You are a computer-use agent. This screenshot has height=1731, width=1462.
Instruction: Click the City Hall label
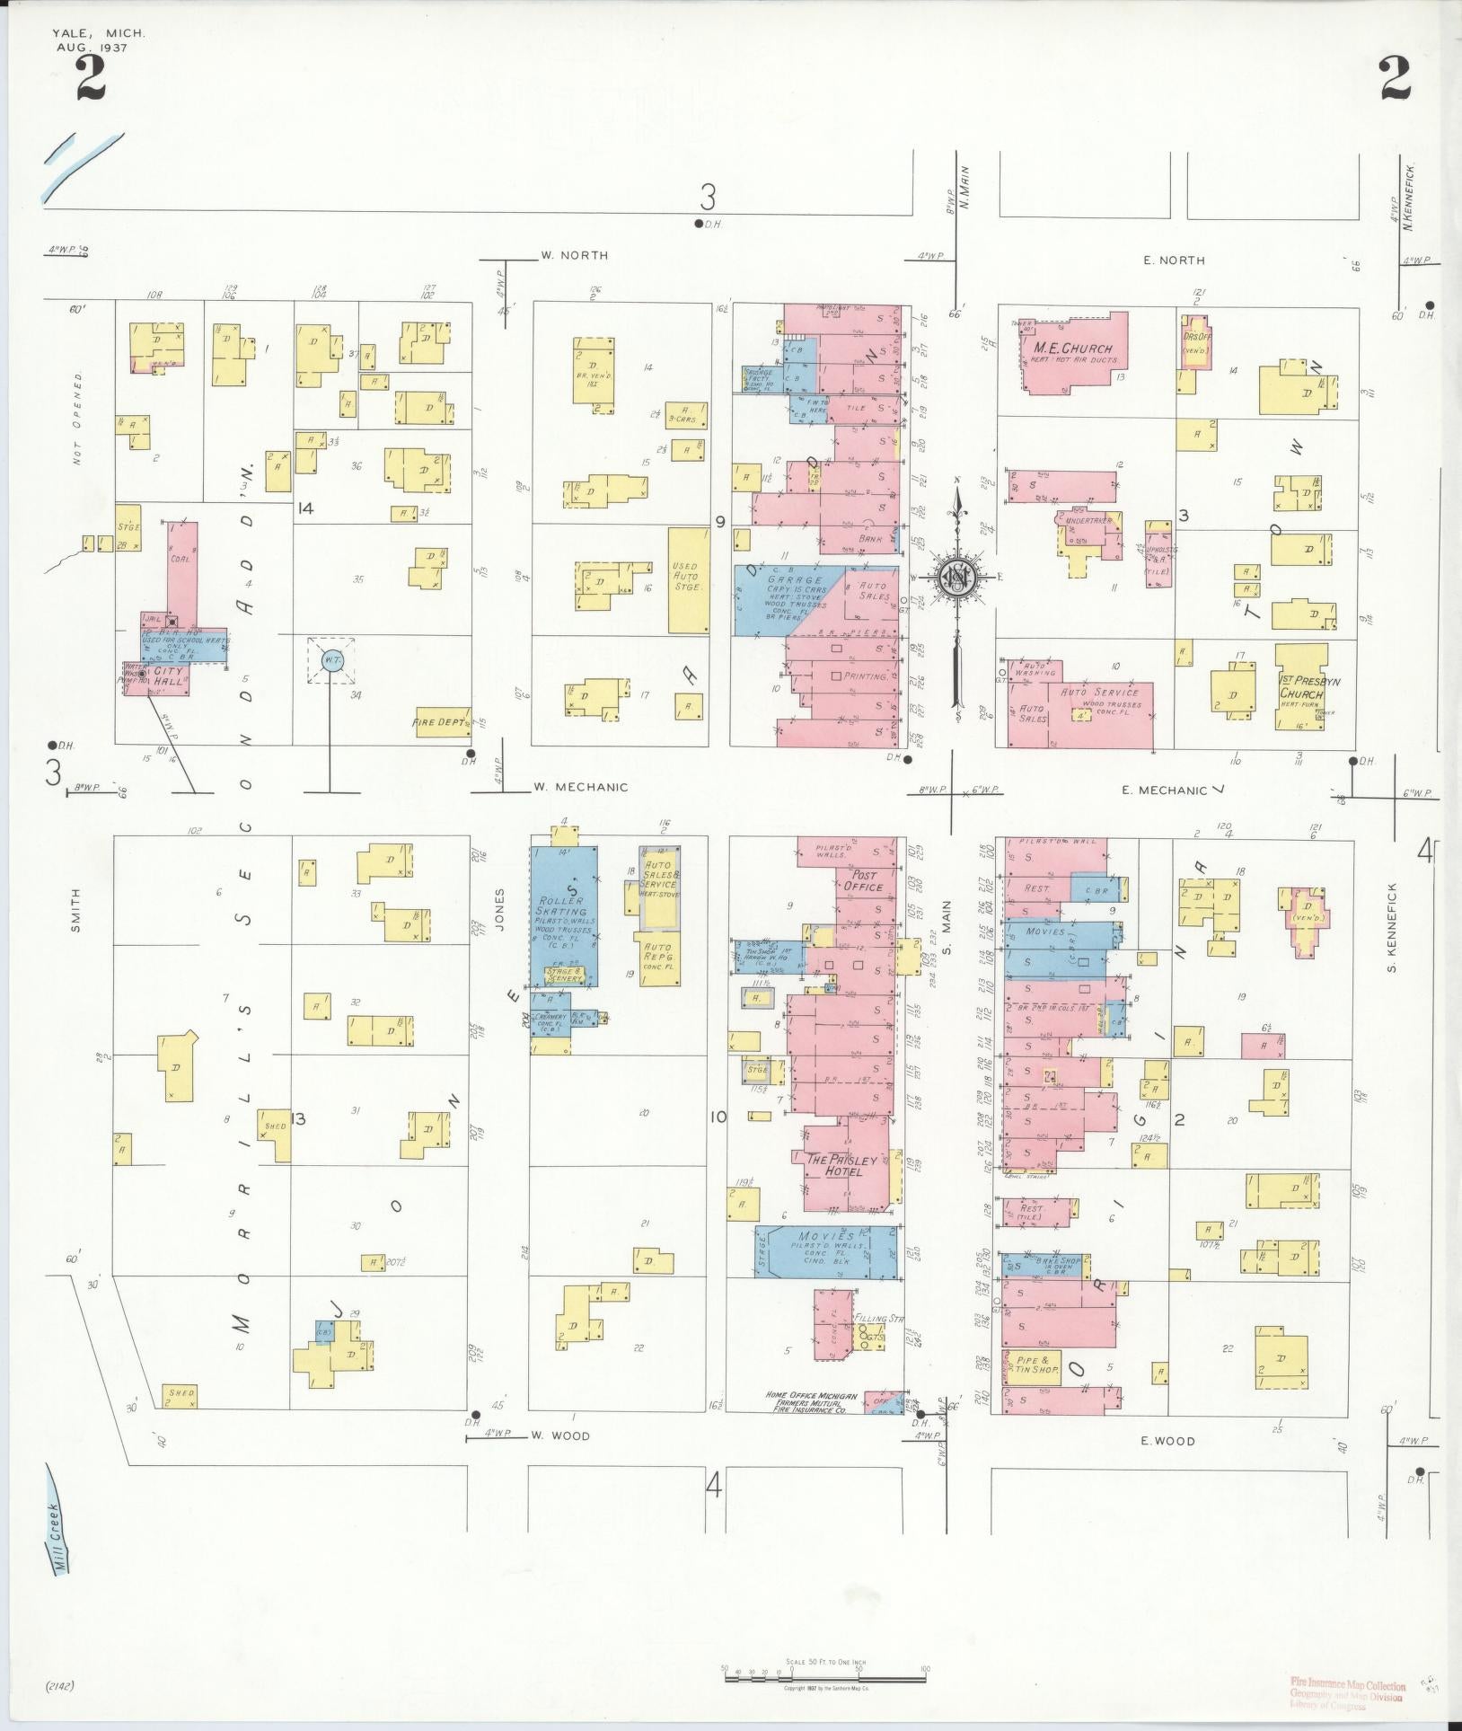168,671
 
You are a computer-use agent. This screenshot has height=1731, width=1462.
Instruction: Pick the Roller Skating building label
561,906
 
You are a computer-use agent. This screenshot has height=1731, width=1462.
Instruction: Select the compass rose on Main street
959,578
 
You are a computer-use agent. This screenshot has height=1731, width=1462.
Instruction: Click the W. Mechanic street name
580,787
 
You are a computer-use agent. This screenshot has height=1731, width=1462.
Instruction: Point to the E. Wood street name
1167,1441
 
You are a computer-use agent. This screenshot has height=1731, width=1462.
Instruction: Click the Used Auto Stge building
689,580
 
